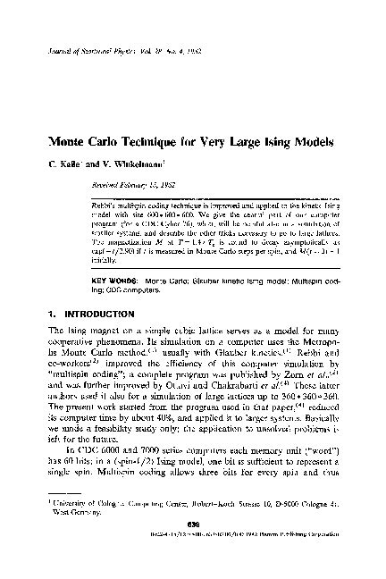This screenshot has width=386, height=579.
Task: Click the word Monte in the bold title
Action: click(x=55, y=143)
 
